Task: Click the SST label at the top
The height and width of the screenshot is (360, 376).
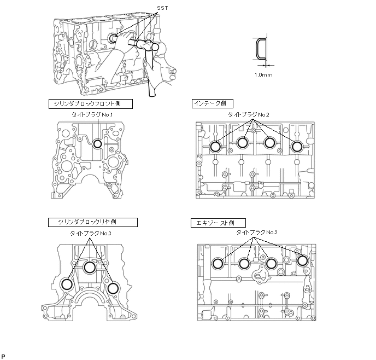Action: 162,8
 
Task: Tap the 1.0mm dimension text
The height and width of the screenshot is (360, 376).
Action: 263,75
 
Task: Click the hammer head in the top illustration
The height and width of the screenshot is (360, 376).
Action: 148,45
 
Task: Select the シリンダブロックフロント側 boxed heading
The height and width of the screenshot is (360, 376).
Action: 91,104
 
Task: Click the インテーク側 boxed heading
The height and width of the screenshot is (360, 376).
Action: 213,103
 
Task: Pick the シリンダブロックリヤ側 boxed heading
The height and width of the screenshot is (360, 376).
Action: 93,222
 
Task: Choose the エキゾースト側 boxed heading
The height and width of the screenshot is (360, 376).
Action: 218,223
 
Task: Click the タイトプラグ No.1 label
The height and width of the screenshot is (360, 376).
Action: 92,115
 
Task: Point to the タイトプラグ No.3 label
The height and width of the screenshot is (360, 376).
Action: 91,233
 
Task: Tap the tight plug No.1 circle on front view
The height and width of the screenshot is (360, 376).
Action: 98,144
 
